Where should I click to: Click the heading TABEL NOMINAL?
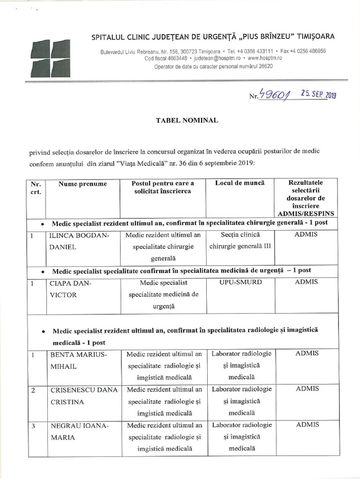(x=186, y=120)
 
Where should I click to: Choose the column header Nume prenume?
(x=82, y=183)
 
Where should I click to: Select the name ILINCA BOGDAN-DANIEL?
(x=80, y=240)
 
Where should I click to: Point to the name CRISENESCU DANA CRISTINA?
(x=83, y=395)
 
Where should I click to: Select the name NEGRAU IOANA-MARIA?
(x=79, y=431)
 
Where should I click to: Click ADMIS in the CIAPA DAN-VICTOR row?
(x=307, y=282)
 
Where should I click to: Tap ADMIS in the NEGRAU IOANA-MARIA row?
(x=307, y=425)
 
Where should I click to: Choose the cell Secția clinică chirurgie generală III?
(x=240, y=240)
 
